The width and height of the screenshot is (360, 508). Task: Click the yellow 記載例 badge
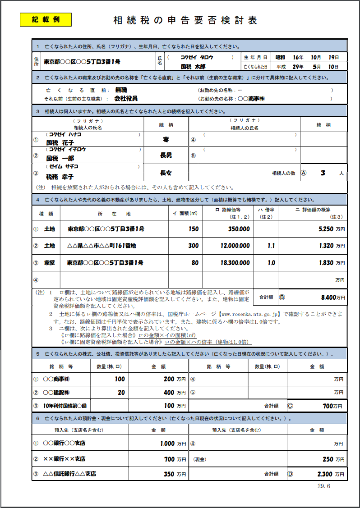click(x=46, y=20)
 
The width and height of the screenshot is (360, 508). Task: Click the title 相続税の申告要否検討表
click(x=185, y=21)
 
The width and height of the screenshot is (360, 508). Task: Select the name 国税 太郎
click(x=193, y=66)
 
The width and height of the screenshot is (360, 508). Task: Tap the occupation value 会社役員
click(x=126, y=98)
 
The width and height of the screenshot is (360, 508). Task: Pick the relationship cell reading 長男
click(x=166, y=155)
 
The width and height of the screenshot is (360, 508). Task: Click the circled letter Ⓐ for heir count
click(x=303, y=173)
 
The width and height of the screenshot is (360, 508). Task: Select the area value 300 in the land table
click(x=193, y=246)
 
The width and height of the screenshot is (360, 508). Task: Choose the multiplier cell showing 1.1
click(x=271, y=246)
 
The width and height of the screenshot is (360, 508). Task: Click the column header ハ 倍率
click(x=266, y=213)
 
